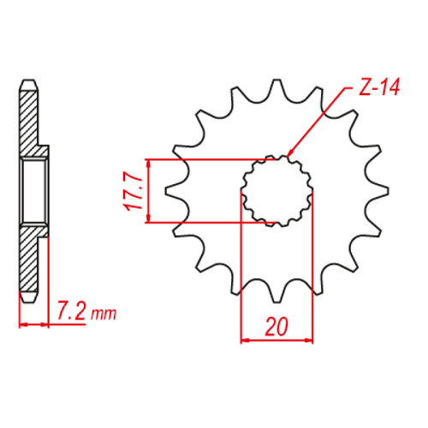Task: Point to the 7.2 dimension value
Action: coord(71,309)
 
